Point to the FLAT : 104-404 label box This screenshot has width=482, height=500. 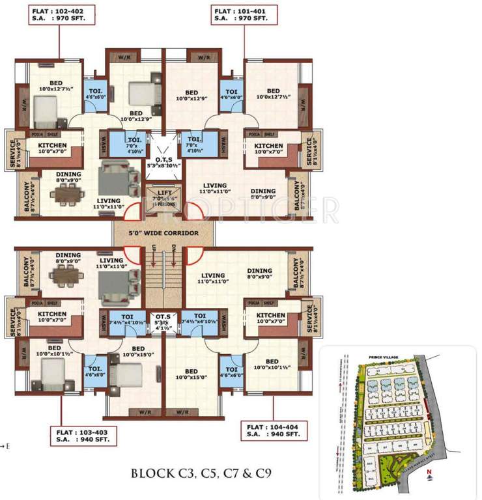point(275,430)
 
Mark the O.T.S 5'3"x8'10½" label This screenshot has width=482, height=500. point(162,162)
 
